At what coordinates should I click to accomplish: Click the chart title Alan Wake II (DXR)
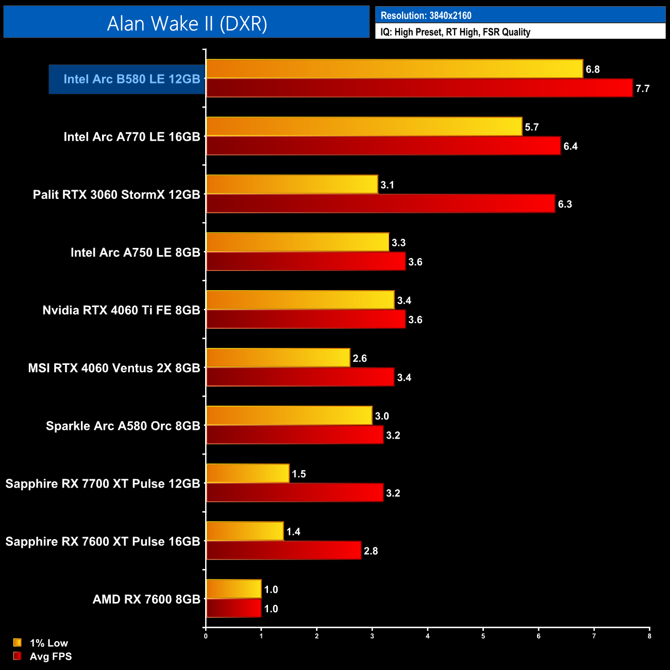pyautogui.click(x=187, y=23)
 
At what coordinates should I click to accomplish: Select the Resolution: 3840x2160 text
pyautogui.click(x=426, y=15)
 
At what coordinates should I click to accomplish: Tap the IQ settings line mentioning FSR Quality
pyautogui.click(x=455, y=32)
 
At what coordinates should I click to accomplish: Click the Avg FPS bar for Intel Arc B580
pyautogui.click(x=419, y=88)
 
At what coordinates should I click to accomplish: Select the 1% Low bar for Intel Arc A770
pyautogui.click(x=364, y=127)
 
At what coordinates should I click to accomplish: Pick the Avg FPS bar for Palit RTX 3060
pyautogui.click(x=380, y=204)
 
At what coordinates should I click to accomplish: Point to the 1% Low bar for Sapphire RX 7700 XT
pyautogui.click(x=247, y=474)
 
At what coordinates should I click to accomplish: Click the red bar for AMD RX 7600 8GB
pyautogui.click(x=233, y=608)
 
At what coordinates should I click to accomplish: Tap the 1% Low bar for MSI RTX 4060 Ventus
pyautogui.click(x=278, y=358)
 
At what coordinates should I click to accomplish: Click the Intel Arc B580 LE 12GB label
pyautogui.click(x=131, y=79)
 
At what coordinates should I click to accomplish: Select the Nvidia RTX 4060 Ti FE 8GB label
pyautogui.click(x=121, y=310)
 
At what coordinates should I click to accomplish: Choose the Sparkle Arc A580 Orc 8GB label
pyautogui.click(x=123, y=426)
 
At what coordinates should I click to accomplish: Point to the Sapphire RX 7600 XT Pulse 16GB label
pyautogui.click(x=103, y=542)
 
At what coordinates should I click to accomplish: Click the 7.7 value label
pyautogui.click(x=642, y=89)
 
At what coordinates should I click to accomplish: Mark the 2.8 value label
pyautogui.click(x=371, y=551)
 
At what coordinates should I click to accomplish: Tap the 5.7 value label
pyautogui.click(x=531, y=127)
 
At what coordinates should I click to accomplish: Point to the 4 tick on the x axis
pyautogui.click(x=428, y=636)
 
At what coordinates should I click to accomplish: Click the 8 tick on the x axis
pyautogui.click(x=649, y=636)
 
